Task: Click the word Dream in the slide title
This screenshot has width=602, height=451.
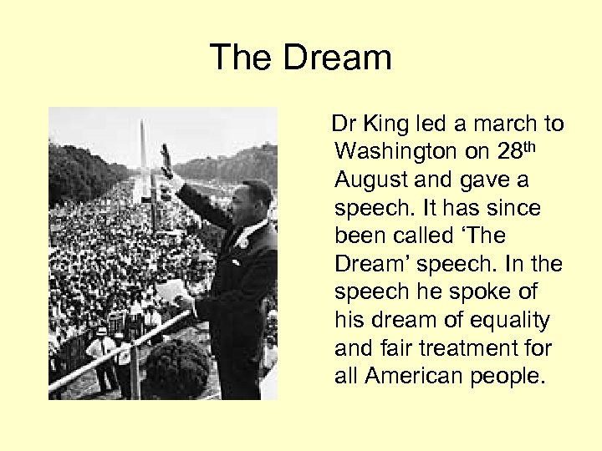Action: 337,58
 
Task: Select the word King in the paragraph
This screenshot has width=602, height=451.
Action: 384,124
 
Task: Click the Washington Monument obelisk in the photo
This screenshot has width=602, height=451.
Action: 143,146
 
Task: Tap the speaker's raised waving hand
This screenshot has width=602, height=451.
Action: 166,159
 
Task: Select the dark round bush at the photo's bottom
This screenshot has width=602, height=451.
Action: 179,367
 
